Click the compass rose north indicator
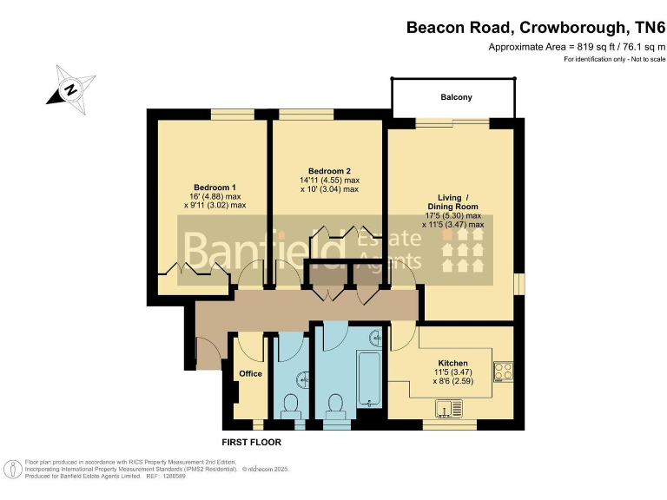click(x=70, y=89)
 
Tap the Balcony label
click(x=456, y=97)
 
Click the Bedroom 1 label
click(x=215, y=187)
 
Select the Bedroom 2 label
click(x=329, y=171)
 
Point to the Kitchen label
click(x=452, y=363)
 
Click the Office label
click(x=250, y=373)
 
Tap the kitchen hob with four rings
click(x=503, y=372)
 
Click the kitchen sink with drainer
click(x=449, y=409)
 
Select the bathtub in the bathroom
click(x=369, y=378)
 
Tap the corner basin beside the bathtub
click(x=375, y=337)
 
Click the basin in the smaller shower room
click(x=303, y=379)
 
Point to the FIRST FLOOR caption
click(x=251, y=442)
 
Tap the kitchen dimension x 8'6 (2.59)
click(x=453, y=381)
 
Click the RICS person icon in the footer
click(x=14, y=470)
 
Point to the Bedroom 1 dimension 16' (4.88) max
click(x=215, y=196)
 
